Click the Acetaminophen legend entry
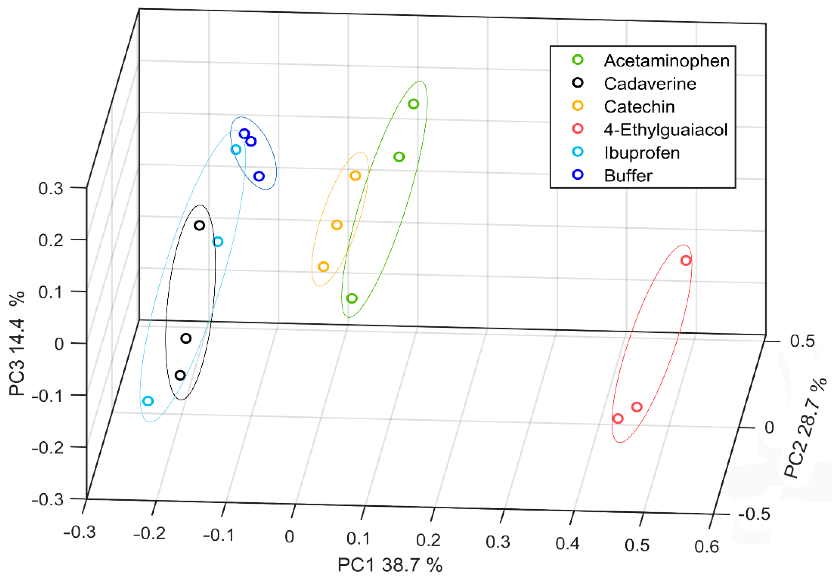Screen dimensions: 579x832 666,61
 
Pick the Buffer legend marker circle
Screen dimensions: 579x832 578,175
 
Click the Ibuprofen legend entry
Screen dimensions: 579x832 641,153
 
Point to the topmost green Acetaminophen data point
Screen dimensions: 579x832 414,104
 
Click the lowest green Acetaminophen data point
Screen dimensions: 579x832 352,299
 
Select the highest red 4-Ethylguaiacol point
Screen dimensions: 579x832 686,260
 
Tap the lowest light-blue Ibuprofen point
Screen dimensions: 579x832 148,401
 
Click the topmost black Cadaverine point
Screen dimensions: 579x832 199,226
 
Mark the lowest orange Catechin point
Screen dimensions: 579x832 323,267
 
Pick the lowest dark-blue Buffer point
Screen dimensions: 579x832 259,176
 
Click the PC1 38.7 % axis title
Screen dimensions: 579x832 390,565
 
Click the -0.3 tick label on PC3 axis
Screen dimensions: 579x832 47,500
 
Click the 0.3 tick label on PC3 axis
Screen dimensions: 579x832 50,188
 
